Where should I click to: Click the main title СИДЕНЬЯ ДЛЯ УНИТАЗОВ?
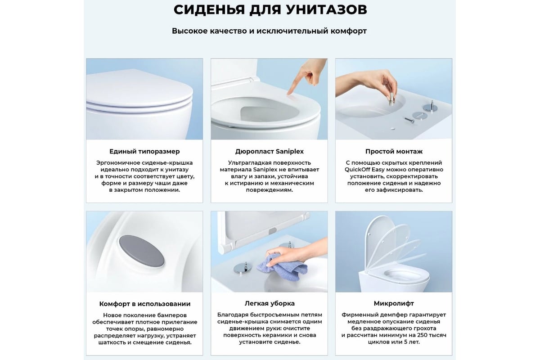[x=270, y=10]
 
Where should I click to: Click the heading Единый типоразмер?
[x=144, y=152]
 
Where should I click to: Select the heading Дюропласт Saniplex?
[x=269, y=152]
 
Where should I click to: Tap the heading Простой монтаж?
[x=394, y=152]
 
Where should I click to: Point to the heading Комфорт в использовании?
[x=144, y=304]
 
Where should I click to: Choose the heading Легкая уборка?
[x=270, y=303]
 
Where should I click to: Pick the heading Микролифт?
[x=394, y=303]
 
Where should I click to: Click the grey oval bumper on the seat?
[x=141, y=252]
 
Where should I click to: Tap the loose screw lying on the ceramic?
[x=409, y=120]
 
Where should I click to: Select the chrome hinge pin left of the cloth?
[x=243, y=268]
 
